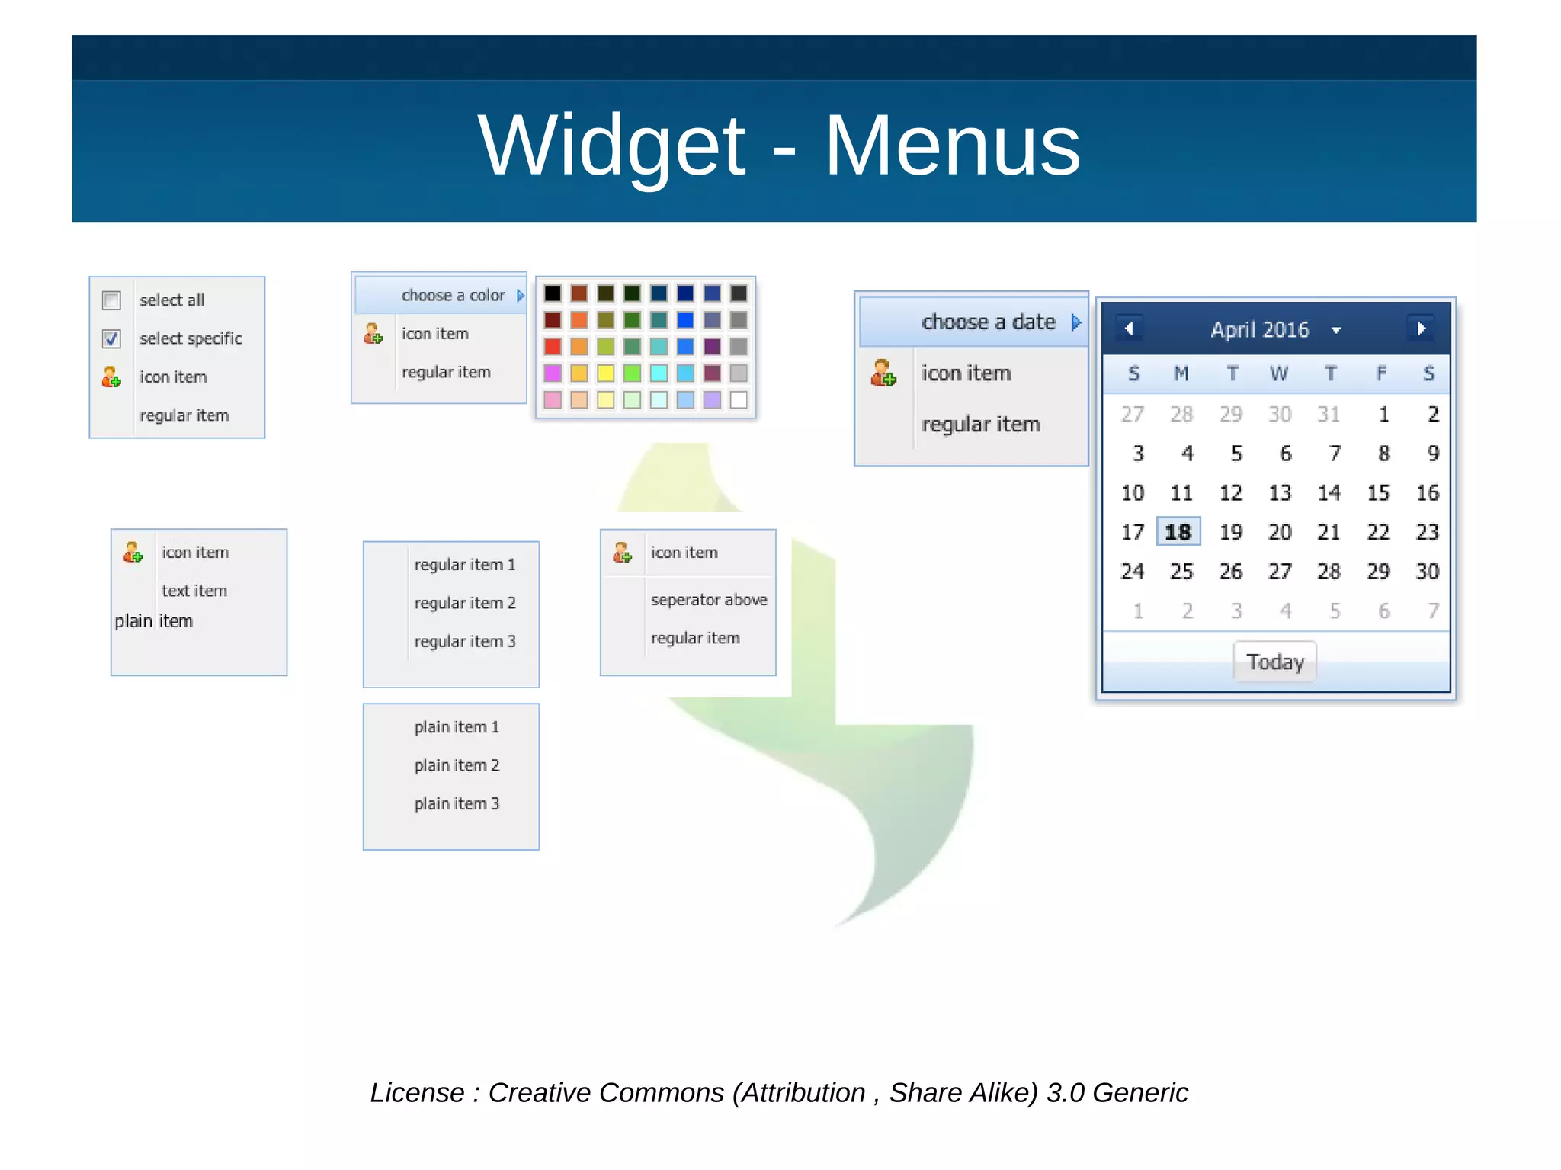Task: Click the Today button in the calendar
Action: coord(1274,662)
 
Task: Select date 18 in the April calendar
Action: coord(1178,531)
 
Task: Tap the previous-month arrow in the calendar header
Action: coord(1129,329)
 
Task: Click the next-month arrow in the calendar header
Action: coord(1421,329)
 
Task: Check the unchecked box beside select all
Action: coord(111,300)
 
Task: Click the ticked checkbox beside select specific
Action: coord(111,338)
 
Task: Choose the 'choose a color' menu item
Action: coord(453,295)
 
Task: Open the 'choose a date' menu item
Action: coord(988,322)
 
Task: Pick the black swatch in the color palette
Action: coord(553,293)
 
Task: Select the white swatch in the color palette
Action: coord(739,399)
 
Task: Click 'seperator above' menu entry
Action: coord(708,600)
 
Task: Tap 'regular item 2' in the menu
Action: coord(464,603)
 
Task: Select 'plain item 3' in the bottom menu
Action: coord(457,803)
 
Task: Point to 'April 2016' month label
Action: coord(1259,329)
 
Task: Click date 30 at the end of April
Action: coord(1427,571)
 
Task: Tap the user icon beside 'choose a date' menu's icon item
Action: coord(883,373)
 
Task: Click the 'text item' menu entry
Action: coord(194,591)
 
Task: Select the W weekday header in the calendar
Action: coord(1278,373)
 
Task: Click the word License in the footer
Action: coord(416,1092)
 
